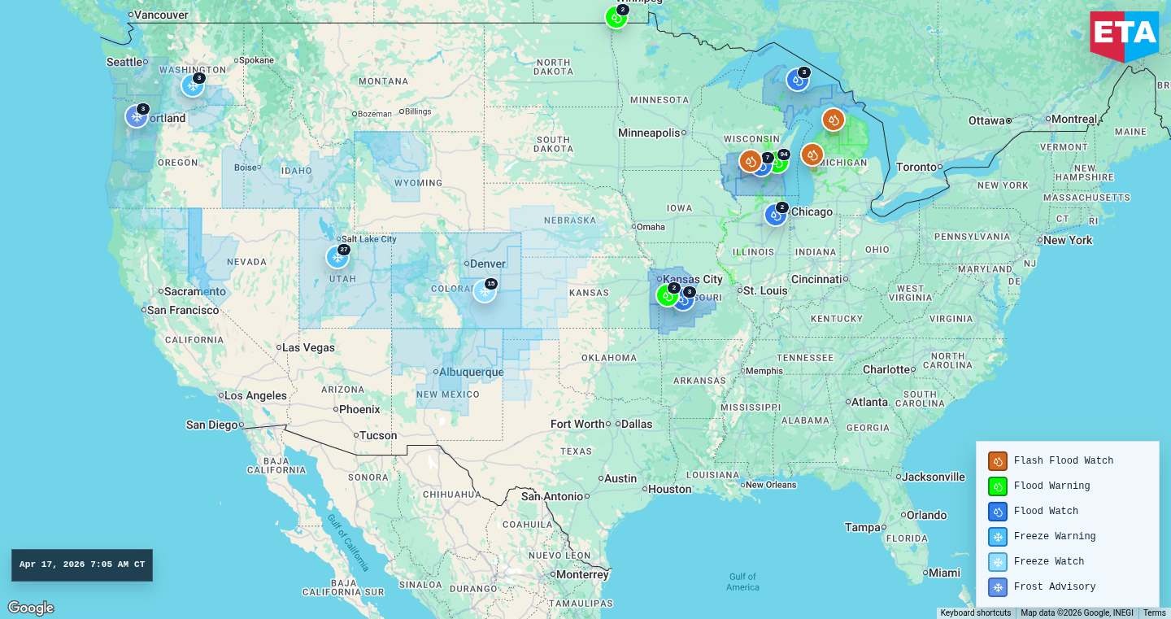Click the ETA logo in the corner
[1124, 35]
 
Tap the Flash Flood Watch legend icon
[998, 461]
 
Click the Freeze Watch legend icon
[998, 562]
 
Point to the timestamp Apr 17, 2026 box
[82, 565]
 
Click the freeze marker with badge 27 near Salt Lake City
[337, 257]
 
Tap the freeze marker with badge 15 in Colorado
[485, 291]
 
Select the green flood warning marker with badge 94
[778, 162]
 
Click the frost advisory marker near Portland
[137, 116]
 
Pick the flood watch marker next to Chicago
[776, 215]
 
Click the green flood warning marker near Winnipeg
[616, 17]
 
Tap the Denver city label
[488, 264]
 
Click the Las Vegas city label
[308, 348]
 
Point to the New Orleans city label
[770, 485]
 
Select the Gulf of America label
[742, 582]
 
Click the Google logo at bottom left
[31, 608]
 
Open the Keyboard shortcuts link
[975, 613]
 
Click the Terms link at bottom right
[1154, 613]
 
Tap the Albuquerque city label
[472, 373]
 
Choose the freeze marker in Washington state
[193, 85]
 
